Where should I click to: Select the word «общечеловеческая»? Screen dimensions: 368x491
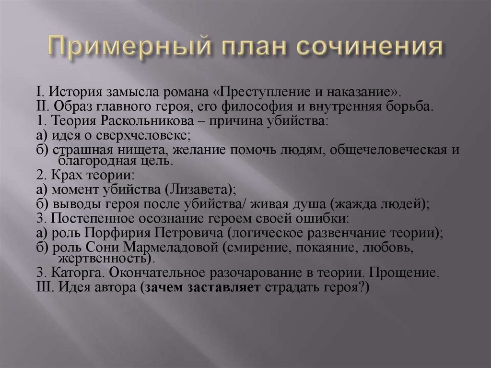379,150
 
